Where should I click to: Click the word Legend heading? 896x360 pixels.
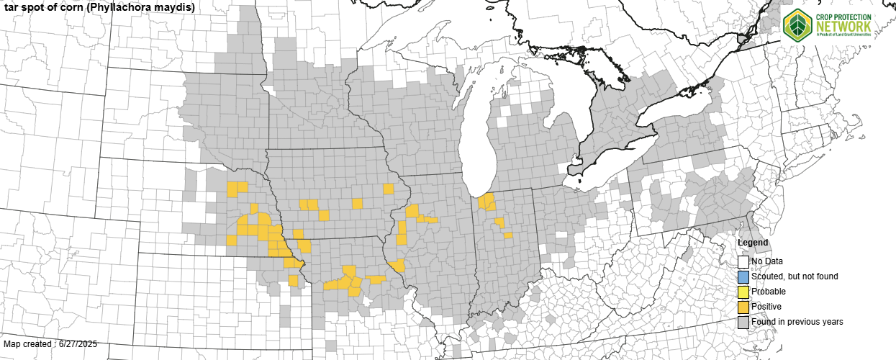point(752,243)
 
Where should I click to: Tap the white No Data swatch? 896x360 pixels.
point(743,262)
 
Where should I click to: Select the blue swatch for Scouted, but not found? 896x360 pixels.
point(743,276)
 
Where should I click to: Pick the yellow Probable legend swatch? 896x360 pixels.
point(743,292)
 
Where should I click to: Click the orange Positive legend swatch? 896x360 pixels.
point(743,307)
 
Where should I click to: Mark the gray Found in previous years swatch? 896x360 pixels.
point(743,322)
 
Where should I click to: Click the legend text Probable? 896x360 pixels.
point(769,292)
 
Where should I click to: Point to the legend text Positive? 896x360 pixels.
point(766,307)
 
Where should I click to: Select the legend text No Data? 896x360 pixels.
point(767,261)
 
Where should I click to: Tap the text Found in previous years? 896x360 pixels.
point(797,322)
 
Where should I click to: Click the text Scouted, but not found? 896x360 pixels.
point(795,276)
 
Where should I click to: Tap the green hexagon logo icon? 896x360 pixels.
point(797,24)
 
